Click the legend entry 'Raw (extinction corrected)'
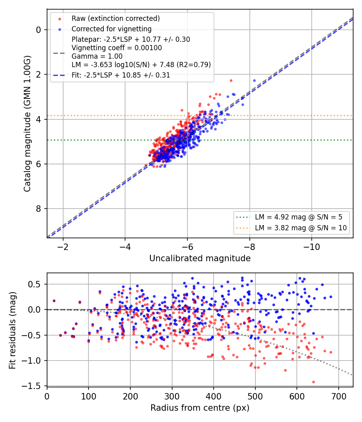click(x=115, y=18)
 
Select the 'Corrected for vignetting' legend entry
click(x=111, y=29)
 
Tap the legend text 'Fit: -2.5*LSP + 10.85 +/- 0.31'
click(x=121, y=75)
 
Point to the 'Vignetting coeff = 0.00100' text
click(x=117, y=48)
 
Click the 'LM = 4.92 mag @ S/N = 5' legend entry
click(x=298, y=217)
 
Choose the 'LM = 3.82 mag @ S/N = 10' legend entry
click(x=300, y=228)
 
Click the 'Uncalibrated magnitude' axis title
click(x=200, y=258)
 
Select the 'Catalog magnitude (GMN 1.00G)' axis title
click(x=27, y=124)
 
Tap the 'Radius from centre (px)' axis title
click(x=200, y=408)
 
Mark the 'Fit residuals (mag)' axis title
click(x=12, y=330)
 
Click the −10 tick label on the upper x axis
click(x=312, y=247)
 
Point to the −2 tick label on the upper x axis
click(x=63, y=247)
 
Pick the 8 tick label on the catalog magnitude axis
click(x=39, y=209)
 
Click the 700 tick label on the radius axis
click(x=339, y=396)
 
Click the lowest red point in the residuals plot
click(x=313, y=382)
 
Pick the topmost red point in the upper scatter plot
click(x=231, y=80)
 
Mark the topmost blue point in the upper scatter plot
click(x=254, y=80)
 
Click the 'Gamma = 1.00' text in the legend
click(x=97, y=56)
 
